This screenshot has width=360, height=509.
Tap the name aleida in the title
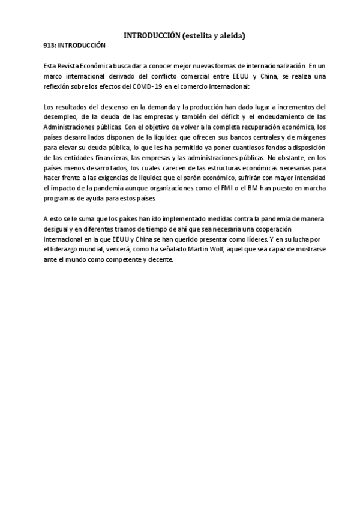pos(230,36)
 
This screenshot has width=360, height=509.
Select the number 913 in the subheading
pos(50,46)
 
